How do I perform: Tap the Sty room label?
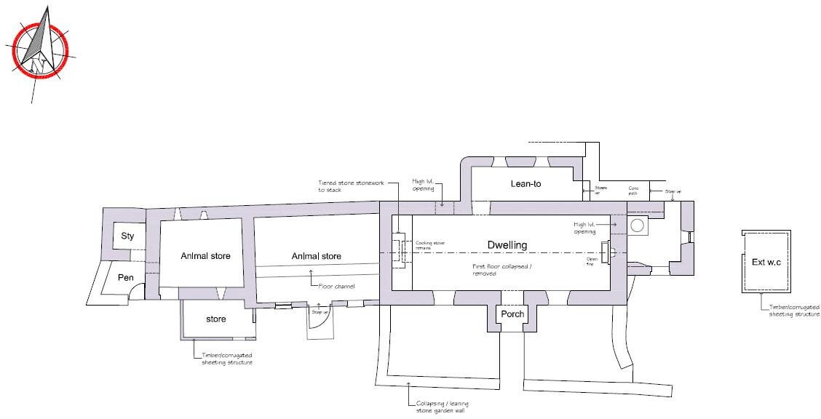(x=127, y=236)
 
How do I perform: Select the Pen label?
(x=125, y=277)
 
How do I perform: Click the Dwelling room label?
(x=507, y=244)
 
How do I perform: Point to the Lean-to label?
(x=525, y=184)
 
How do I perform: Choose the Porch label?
(x=512, y=314)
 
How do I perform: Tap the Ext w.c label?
(x=766, y=262)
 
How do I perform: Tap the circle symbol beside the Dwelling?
(x=639, y=226)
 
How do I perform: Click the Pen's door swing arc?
(x=135, y=290)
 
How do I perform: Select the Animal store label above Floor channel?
(x=317, y=256)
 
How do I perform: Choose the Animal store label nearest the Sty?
(x=205, y=255)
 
